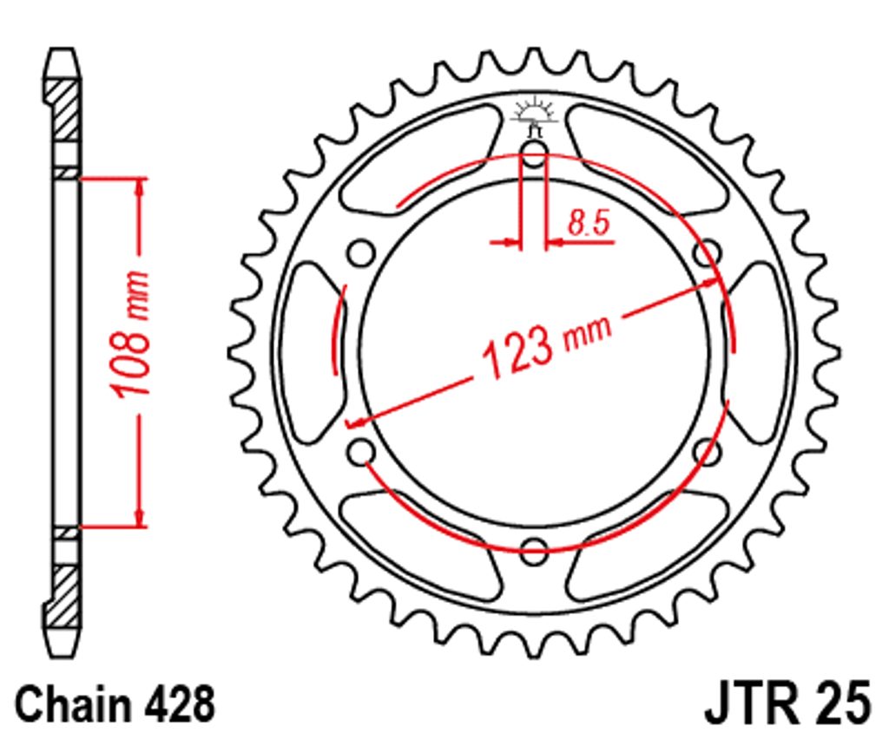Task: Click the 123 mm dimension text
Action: (546, 347)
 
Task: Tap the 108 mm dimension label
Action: (131, 334)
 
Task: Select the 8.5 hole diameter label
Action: (589, 222)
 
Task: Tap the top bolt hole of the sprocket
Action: (534, 154)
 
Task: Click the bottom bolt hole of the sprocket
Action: (534, 552)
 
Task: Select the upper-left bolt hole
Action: (361, 253)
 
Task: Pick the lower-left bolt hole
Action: (361, 452)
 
